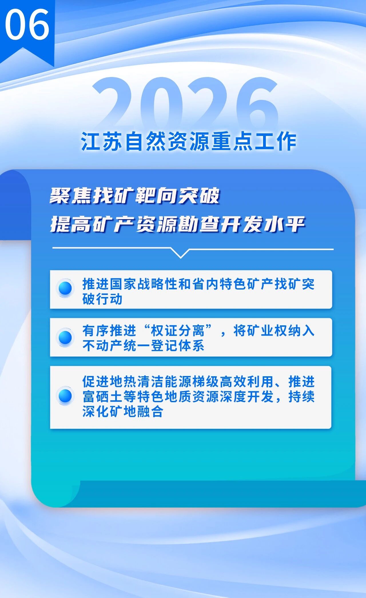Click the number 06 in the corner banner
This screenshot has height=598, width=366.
pos(27,24)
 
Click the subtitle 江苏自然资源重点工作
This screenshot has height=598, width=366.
pos(188,141)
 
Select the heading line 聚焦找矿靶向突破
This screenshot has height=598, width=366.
pos(135,196)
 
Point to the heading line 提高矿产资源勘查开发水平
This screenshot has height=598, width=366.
pos(178,224)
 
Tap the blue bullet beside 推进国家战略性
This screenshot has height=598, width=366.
pos(65,288)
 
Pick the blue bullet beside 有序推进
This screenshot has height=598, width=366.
pos(65,337)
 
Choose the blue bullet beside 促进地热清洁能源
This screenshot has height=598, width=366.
pos(65,396)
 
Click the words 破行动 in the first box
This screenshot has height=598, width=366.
pos(102,299)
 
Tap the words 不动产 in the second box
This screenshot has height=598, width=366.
pos(102,346)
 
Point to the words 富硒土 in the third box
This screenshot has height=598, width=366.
pos(102,397)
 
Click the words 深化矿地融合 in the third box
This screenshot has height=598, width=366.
pos(123,412)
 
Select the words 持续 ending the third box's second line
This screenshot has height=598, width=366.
pos(301,397)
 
